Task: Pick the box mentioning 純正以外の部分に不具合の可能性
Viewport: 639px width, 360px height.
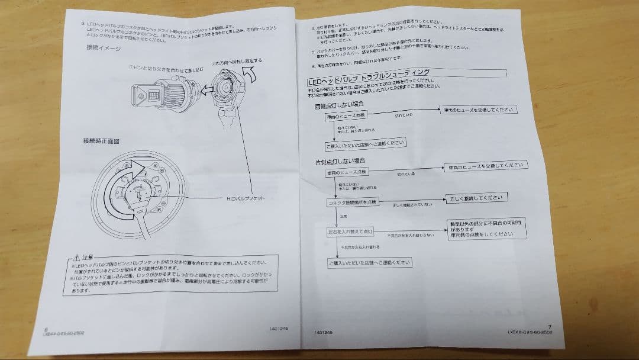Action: click(x=486, y=228)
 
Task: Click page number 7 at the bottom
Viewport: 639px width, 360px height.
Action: click(x=550, y=326)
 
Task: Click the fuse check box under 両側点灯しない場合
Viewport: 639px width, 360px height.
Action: click(x=347, y=117)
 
